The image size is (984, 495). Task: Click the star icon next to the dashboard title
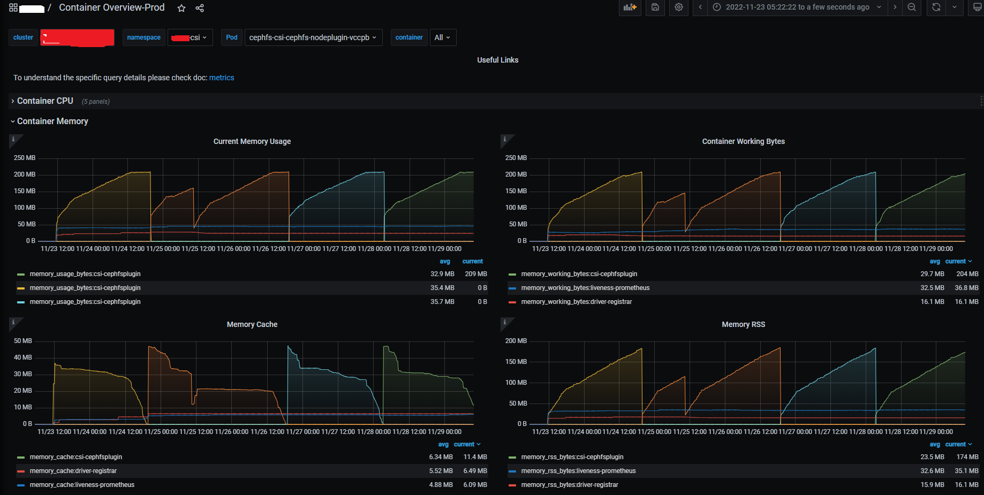point(181,8)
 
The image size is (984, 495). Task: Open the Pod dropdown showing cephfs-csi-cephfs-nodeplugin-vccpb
point(313,37)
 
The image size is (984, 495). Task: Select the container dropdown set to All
point(443,37)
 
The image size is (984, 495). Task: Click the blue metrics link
point(222,78)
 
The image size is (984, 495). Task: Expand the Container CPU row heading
point(45,101)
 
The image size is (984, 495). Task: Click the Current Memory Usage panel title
point(252,141)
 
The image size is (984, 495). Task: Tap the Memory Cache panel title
point(252,324)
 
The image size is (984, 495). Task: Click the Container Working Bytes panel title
point(743,141)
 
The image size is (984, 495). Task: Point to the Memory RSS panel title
point(743,324)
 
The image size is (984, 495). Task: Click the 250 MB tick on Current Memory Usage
point(25,158)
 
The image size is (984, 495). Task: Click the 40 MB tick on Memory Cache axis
point(23,357)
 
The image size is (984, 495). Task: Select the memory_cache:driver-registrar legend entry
point(73,471)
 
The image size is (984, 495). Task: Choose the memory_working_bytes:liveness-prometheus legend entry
point(585,288)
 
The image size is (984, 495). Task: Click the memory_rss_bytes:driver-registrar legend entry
point(570,485)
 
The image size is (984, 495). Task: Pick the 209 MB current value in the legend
point(476,274)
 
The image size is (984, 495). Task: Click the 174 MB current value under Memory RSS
point(967,457)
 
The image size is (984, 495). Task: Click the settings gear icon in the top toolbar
point(679,7)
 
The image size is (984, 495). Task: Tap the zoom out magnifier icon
point(912,7)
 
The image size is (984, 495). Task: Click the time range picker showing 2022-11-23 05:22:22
point(797,7)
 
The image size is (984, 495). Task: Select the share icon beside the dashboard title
point(200,8)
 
